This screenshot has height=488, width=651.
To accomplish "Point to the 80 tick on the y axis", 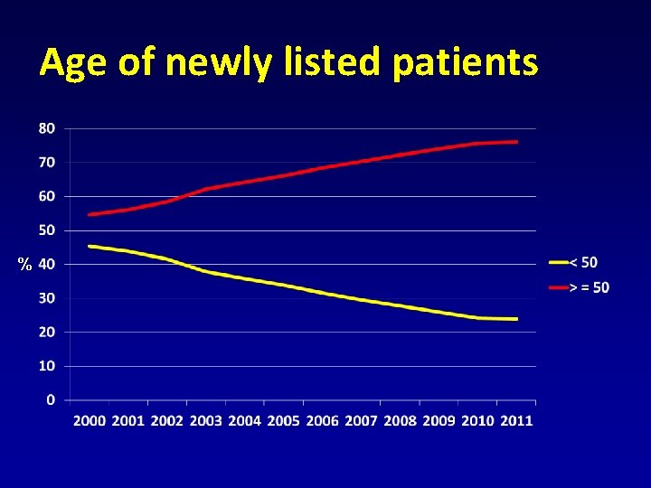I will (x=47, y=128).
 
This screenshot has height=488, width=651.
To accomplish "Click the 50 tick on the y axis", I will (x=47, y=230).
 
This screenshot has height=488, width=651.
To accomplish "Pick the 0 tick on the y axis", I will (x=51, y=400).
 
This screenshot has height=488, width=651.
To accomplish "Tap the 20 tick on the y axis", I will (x=47, y=332).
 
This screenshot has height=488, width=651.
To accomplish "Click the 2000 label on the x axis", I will (x=90, y=420).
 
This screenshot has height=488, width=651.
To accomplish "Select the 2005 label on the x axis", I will (x=284, y=420).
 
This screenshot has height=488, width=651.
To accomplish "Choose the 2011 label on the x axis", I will (x=516, y=420).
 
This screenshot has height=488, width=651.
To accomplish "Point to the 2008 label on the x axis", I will (x=400, y=420).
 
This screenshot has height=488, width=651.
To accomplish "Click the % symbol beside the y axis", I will (x=25, y=265).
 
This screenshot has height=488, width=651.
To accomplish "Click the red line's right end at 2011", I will (x=516, y=142).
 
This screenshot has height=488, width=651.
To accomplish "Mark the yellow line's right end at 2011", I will (x=516, y=319).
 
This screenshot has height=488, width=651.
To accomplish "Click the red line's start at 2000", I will (x=90, y=214).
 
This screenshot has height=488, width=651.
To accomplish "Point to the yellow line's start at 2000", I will (x=90, y=246).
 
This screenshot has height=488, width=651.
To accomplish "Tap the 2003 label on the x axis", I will (x=206, y=420).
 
